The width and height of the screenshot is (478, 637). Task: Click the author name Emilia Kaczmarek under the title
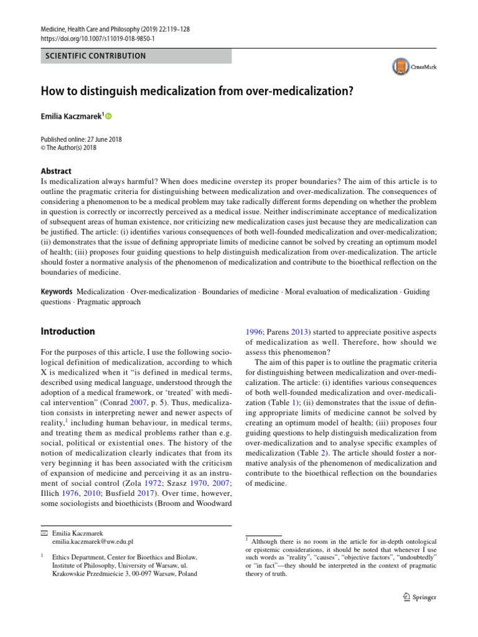[x=70, y=116]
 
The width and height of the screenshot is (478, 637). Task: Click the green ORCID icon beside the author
[x=109, y=116]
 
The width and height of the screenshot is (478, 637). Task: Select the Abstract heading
[x=56, y=171]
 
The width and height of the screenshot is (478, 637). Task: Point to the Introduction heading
[x=68, y=332]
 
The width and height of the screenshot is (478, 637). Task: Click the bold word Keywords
[x=57, y=292]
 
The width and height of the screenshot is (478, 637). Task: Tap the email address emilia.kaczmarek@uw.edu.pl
[x=93, y=542]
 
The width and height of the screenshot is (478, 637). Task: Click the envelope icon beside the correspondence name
[x=44, y=533]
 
